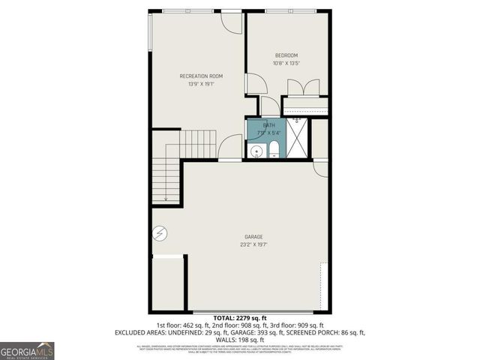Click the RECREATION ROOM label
(200, 76)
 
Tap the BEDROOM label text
(286, 55)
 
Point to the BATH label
(268, 125)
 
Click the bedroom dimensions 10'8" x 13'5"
(286, 64)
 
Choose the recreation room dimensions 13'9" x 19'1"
(200, 84)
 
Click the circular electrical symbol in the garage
(159, 234)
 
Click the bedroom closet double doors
(304, 88)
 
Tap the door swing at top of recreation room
(232, 22)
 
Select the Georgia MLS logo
(27, 351)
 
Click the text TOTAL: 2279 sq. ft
(239, 318)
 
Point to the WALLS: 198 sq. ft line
(239, 339)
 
